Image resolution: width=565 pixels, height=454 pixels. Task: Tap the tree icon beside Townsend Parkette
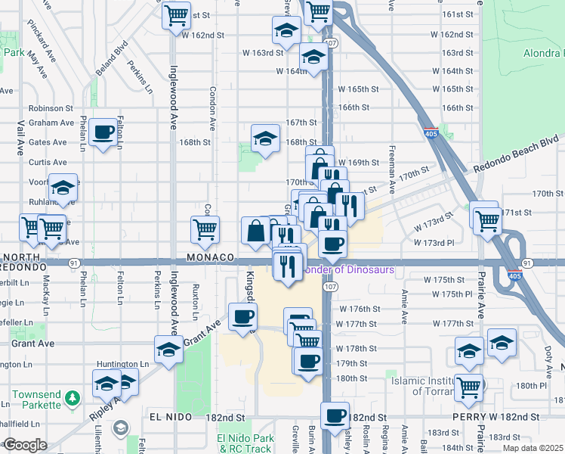tap(72, 397)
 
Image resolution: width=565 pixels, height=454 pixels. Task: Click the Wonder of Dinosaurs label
tap(347, 269)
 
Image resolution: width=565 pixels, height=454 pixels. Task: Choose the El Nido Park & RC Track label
tap(244, 443)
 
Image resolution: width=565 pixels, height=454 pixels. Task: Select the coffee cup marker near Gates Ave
tap(103, 134)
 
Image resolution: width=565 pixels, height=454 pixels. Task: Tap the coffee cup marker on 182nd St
tap(335, 415)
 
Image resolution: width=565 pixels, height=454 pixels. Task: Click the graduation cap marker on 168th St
tap(264, 138)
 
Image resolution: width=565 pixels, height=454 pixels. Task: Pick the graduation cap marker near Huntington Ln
tap(168, 350)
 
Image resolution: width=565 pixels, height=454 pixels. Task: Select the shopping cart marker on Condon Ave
tap(205, 229)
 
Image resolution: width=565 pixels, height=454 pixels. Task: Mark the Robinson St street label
tap(51, 109)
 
